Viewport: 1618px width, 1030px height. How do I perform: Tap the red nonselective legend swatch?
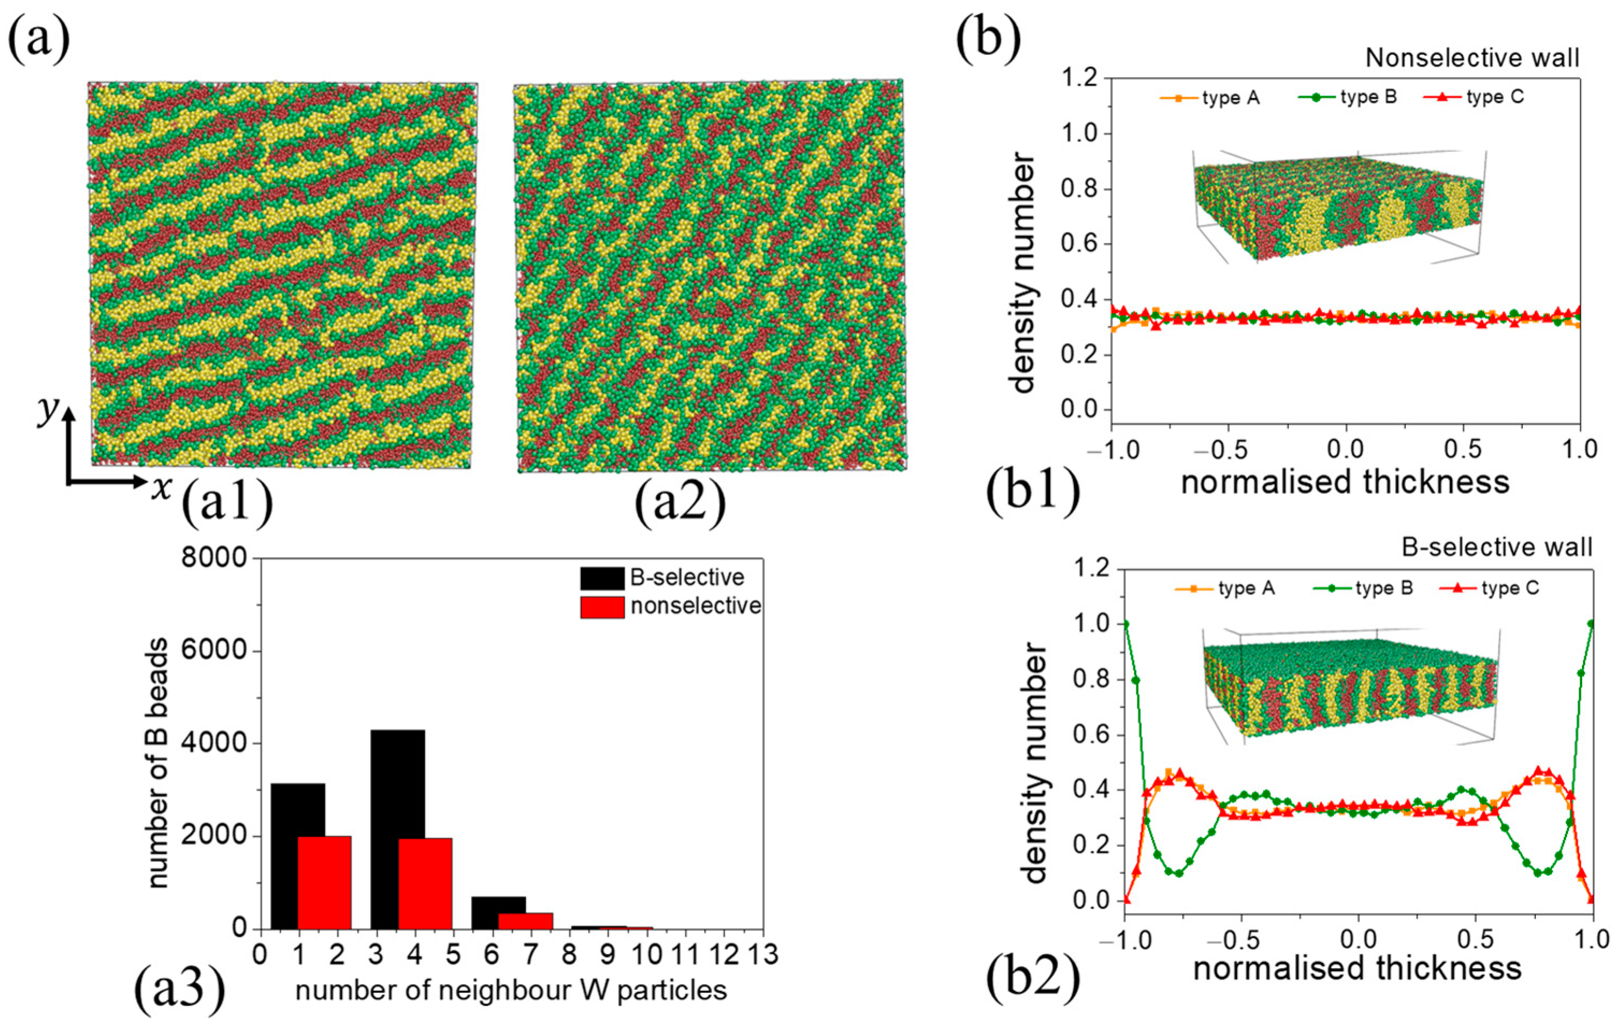coord(602,607)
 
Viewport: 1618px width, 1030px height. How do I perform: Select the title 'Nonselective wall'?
coord(1471,59)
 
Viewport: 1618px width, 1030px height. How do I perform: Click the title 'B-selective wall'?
coord(1497,548)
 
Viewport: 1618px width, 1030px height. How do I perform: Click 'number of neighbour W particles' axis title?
coord(511,991)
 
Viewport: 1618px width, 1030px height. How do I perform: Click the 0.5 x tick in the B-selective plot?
coord(1474,939)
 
